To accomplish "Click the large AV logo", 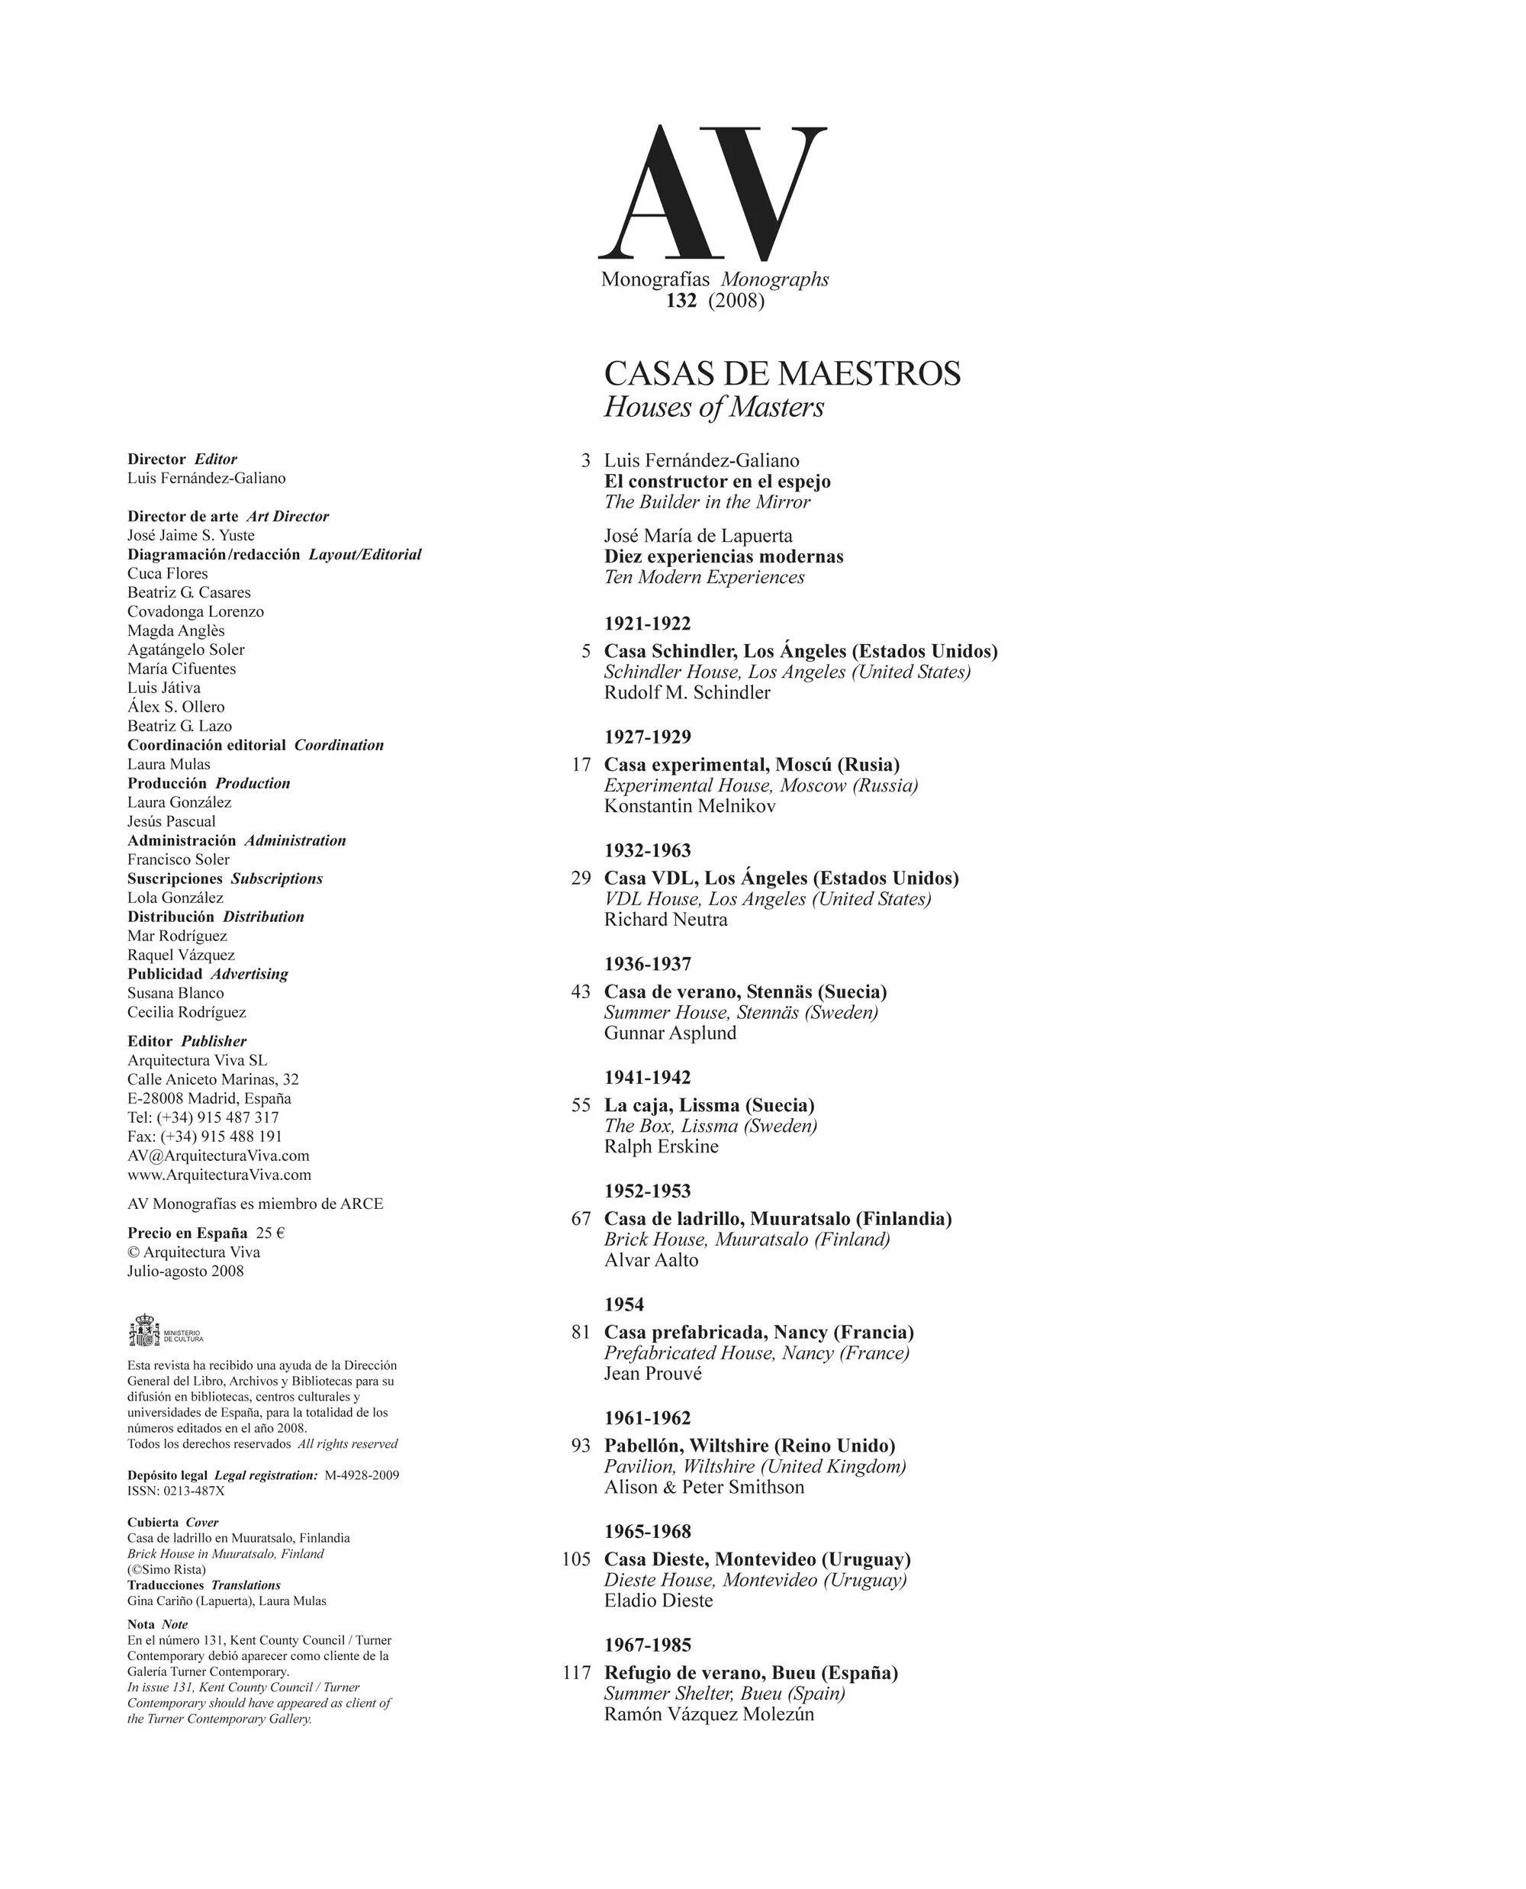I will [712, 193].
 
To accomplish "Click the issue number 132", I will [681, 301].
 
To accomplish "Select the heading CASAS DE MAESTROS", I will [782, 374].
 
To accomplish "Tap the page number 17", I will [581, 765].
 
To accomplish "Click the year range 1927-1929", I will [648, 737].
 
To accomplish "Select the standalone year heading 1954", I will [624, 1304].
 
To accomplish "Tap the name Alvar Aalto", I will [652, 1260].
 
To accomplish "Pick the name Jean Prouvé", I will [653, 1374].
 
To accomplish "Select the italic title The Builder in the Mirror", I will [707, 502].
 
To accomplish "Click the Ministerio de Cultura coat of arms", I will [143, 1330].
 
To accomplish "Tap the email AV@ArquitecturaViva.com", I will [218, 1156].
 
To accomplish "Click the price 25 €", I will [271, 1233].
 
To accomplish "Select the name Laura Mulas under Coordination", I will [169, 764].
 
